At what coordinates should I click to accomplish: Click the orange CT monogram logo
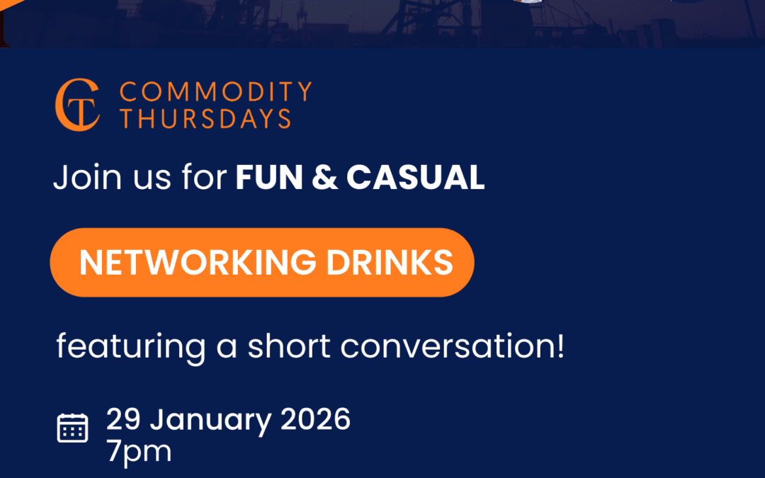(x=78, y=105)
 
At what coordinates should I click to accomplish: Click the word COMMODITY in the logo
(x=215, y=91)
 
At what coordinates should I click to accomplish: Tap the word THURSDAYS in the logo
(x=205, y=118)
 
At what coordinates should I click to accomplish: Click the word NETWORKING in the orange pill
(x=198, y=263)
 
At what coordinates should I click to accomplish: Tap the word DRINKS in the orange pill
(x=390, y=263)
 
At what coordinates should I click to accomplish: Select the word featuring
(x=131, y=347)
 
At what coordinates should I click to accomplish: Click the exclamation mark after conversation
(x=560, y=346)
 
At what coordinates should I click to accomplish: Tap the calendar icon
(x=73, y=428)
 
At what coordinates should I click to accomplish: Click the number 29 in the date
(x=123, y=419)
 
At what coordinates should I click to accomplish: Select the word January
(x=210, y=421)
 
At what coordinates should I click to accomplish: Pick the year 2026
(x=316, y=419)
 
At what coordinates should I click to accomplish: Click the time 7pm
(x=140, y=452)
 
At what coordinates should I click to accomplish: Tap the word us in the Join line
(x=152, y=178)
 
